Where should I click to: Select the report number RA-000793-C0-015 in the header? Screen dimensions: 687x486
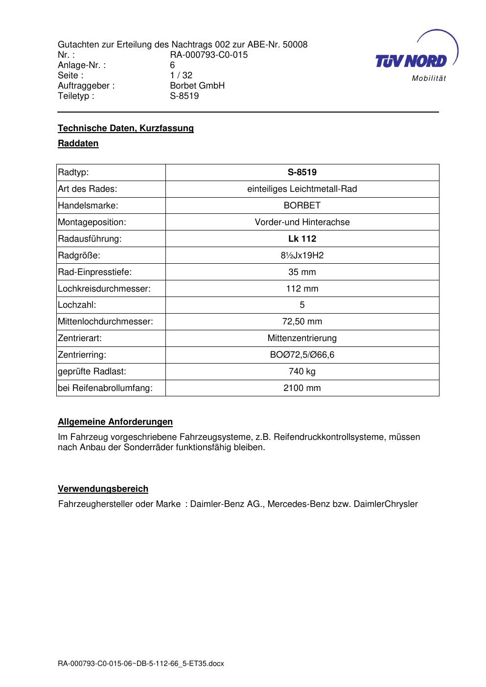208,55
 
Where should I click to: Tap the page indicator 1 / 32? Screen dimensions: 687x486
181,75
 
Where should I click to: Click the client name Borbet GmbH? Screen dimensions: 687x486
197,86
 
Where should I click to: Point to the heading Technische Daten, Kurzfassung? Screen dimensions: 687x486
126,128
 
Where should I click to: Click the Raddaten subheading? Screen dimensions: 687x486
78,143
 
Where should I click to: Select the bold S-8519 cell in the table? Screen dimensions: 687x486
302,172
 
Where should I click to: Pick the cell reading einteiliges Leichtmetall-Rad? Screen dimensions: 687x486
302,189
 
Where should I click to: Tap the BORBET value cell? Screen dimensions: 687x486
302,206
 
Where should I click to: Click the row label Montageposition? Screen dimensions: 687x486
92,222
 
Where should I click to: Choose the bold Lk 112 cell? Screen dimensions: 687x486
302,239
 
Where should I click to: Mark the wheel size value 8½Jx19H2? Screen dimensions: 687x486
302,255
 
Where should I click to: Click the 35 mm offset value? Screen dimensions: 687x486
302,272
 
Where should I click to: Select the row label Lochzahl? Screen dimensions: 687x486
77,305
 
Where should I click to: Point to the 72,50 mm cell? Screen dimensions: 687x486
302,321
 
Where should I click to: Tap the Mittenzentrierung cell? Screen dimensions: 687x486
302,338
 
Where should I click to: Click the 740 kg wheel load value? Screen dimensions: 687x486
302,371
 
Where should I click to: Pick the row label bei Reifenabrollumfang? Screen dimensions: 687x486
105,388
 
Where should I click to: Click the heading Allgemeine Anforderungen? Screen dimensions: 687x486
115,422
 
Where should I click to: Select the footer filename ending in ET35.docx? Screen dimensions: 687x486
141,664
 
